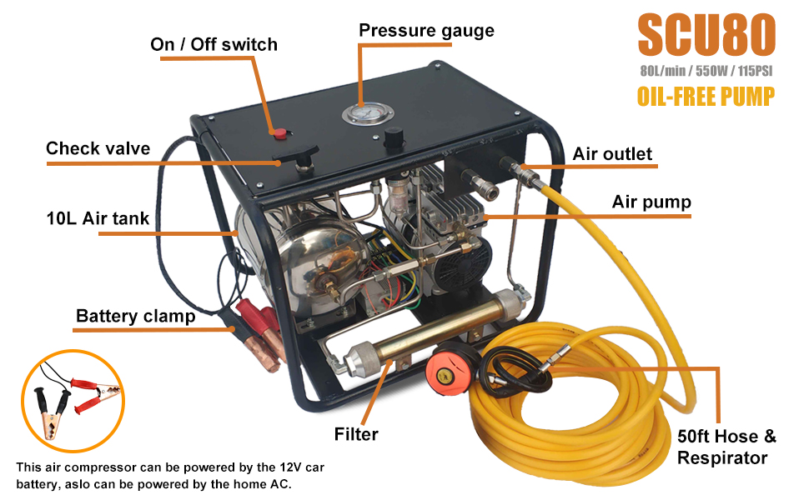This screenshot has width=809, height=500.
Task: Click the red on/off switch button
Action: click(x=281, y=132)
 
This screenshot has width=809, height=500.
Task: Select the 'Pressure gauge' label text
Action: click(x=426, y=31)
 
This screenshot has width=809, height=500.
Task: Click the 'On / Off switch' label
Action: click(x=214, y=44)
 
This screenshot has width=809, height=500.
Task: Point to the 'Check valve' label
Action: click(x=98, y=149)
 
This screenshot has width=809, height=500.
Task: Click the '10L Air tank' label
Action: click(x=98, y=219)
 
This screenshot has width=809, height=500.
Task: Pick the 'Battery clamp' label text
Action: click(x=135, y=317)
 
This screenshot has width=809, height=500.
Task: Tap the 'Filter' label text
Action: click(x=356, y=434)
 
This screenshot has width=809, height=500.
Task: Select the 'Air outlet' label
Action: click(x=612, y=154)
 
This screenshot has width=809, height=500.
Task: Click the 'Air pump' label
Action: click(x=651, y=202)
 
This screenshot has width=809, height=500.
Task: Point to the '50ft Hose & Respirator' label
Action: click(x=726, y=447)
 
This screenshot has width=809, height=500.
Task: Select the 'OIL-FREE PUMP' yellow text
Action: click(x=706, y=96)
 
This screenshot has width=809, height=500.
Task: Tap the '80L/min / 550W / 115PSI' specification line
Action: click(x=706, y=70)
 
